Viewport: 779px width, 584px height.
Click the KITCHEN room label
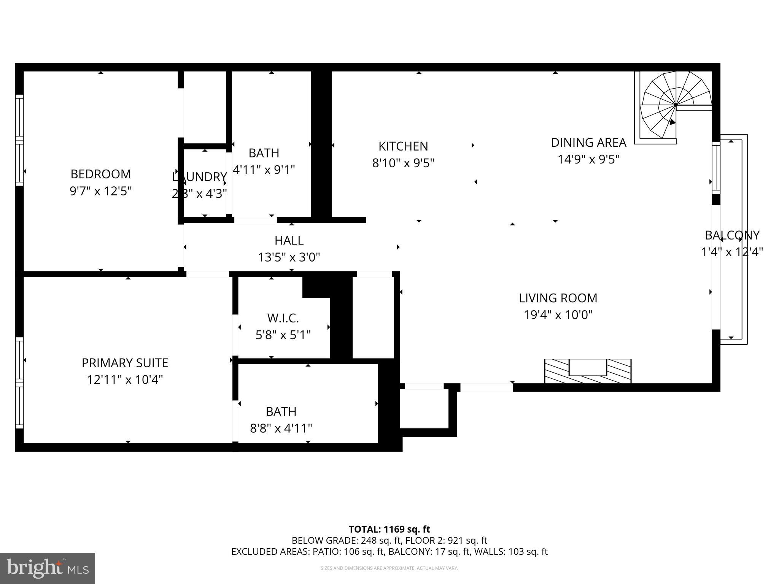tap(403, 146)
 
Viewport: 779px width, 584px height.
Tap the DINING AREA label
tap(588, 143)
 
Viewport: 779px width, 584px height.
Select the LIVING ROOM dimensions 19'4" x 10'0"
tap(558, 315)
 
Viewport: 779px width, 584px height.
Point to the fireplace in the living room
tap(588, 371)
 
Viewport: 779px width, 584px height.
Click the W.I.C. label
tap(283, 318)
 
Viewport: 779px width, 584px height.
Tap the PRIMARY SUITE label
tap(125, 363)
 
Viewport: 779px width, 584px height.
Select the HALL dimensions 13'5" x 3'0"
tap(289, 257)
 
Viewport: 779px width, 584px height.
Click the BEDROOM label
tap(101, 174)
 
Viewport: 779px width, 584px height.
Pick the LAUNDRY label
tap(199, 177)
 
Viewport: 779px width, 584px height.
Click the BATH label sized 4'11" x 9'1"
tap(264, 153)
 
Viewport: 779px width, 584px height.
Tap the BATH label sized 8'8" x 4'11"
tap(281, 411)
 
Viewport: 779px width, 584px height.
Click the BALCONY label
tap(732, 235)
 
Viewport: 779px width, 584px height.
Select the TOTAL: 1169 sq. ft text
tap(389, 529)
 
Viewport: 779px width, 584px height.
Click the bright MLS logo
tap(48, 568)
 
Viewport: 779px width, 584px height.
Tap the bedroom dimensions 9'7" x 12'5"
tap(101, 191)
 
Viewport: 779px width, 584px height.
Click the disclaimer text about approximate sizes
tap(389, 568)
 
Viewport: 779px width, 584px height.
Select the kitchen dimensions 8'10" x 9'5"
tap(403, 163)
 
